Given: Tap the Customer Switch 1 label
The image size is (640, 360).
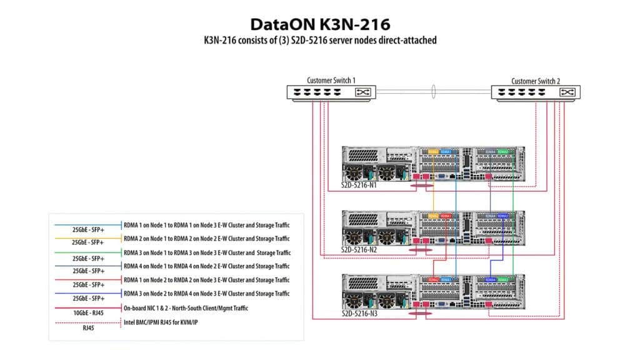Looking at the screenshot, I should (331, 81).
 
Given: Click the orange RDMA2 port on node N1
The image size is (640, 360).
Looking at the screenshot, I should (433, 152).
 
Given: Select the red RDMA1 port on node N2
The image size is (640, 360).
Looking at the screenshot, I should (446, 216).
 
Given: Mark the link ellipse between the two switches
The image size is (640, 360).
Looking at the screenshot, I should (432, 91).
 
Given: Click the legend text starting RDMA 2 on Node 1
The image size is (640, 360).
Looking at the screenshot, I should (206, 239).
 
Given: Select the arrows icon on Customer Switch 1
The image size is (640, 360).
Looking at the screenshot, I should (362, 92).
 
